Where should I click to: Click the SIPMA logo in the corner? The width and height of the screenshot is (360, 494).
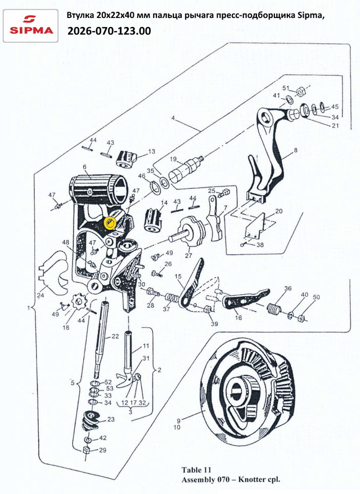click(30, 25)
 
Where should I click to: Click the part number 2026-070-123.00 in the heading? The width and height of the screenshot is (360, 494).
click(109, 31)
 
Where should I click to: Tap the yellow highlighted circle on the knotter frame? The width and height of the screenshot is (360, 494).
click(110, 223)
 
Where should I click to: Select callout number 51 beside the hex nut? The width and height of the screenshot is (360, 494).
click(286, 88)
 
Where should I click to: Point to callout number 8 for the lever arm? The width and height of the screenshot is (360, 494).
click(295, 150)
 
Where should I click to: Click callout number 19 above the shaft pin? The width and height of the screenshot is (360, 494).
click(173, 159)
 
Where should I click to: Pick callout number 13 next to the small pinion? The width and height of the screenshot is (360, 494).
click(152, 151)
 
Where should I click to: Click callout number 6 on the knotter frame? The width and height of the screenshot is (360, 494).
click(84, 167)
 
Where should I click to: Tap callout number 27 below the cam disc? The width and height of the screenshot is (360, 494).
click(188, 256)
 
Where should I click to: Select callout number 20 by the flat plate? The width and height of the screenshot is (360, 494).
click(279, 211)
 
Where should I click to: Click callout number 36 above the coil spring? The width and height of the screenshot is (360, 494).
click(288, 288)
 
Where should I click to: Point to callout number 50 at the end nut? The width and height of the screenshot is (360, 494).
click(316, 297)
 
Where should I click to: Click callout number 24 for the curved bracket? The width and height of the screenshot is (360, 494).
click(40, 296)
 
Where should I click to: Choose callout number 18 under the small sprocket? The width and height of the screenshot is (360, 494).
click(66, 328)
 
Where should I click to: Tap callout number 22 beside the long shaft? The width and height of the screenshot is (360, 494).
click(115, 337)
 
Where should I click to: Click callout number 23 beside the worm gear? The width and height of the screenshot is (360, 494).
click(111, 419)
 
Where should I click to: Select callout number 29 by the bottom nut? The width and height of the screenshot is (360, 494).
click(103, 450)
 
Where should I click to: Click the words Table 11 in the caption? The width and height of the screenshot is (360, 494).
click(196, 470)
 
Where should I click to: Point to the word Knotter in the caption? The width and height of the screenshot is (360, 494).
click(251, 480)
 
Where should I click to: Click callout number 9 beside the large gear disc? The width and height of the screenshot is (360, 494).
click(178, 420)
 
